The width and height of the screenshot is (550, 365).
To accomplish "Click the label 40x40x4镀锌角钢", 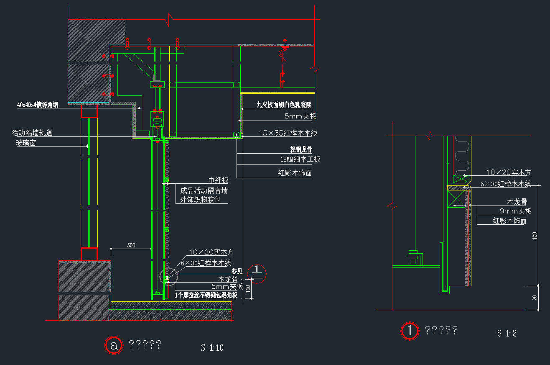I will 37,105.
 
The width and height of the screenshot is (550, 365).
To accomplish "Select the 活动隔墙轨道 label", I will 32,133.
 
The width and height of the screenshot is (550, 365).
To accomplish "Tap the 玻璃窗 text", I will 26,143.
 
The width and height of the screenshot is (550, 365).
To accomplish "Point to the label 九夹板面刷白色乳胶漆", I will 284,105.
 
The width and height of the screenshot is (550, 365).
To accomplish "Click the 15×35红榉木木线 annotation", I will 288,133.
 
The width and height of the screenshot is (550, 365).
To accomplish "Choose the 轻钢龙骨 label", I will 301,149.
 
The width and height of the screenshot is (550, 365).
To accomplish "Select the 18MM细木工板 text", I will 300,159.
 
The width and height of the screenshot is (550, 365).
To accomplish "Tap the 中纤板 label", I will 218,180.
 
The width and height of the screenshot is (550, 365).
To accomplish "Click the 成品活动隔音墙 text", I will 204,190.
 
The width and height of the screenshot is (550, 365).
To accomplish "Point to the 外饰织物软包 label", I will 200,200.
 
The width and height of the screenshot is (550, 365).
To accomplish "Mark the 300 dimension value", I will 131,246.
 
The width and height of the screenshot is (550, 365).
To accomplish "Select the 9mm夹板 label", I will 516,211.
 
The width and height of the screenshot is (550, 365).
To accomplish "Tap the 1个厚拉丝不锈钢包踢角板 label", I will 206,296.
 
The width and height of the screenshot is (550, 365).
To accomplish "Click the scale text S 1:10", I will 212,347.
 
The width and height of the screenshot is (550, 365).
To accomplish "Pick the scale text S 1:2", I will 507,334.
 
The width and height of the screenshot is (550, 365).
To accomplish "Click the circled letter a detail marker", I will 113,345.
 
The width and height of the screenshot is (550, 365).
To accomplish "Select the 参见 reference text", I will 237,271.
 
